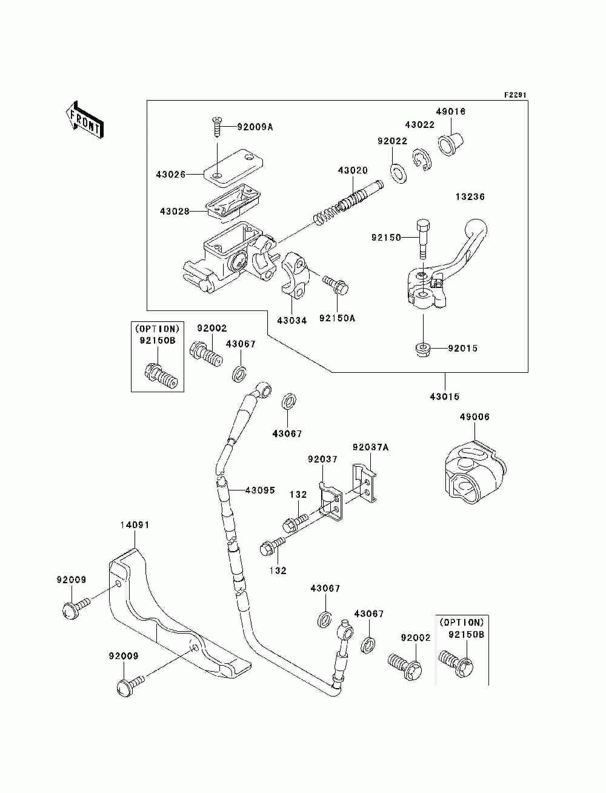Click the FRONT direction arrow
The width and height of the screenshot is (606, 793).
pos(84,119)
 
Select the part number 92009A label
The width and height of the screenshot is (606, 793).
pos(255,127)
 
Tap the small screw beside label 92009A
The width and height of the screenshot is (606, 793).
pos(217,127)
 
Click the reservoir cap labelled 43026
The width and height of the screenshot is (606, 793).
pos(233,169)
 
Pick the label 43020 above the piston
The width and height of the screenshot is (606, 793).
pos(353,170)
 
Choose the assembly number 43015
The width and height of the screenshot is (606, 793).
pos(445,396)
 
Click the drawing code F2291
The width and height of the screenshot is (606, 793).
pos(515,95)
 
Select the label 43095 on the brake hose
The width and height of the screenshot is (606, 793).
pos(260,490)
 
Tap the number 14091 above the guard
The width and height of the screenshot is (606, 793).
pos(135,524)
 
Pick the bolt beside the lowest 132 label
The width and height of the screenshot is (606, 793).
pos(273,554)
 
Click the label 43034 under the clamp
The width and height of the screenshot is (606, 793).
pos(292,320)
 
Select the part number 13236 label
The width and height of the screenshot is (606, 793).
pos(470,196)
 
